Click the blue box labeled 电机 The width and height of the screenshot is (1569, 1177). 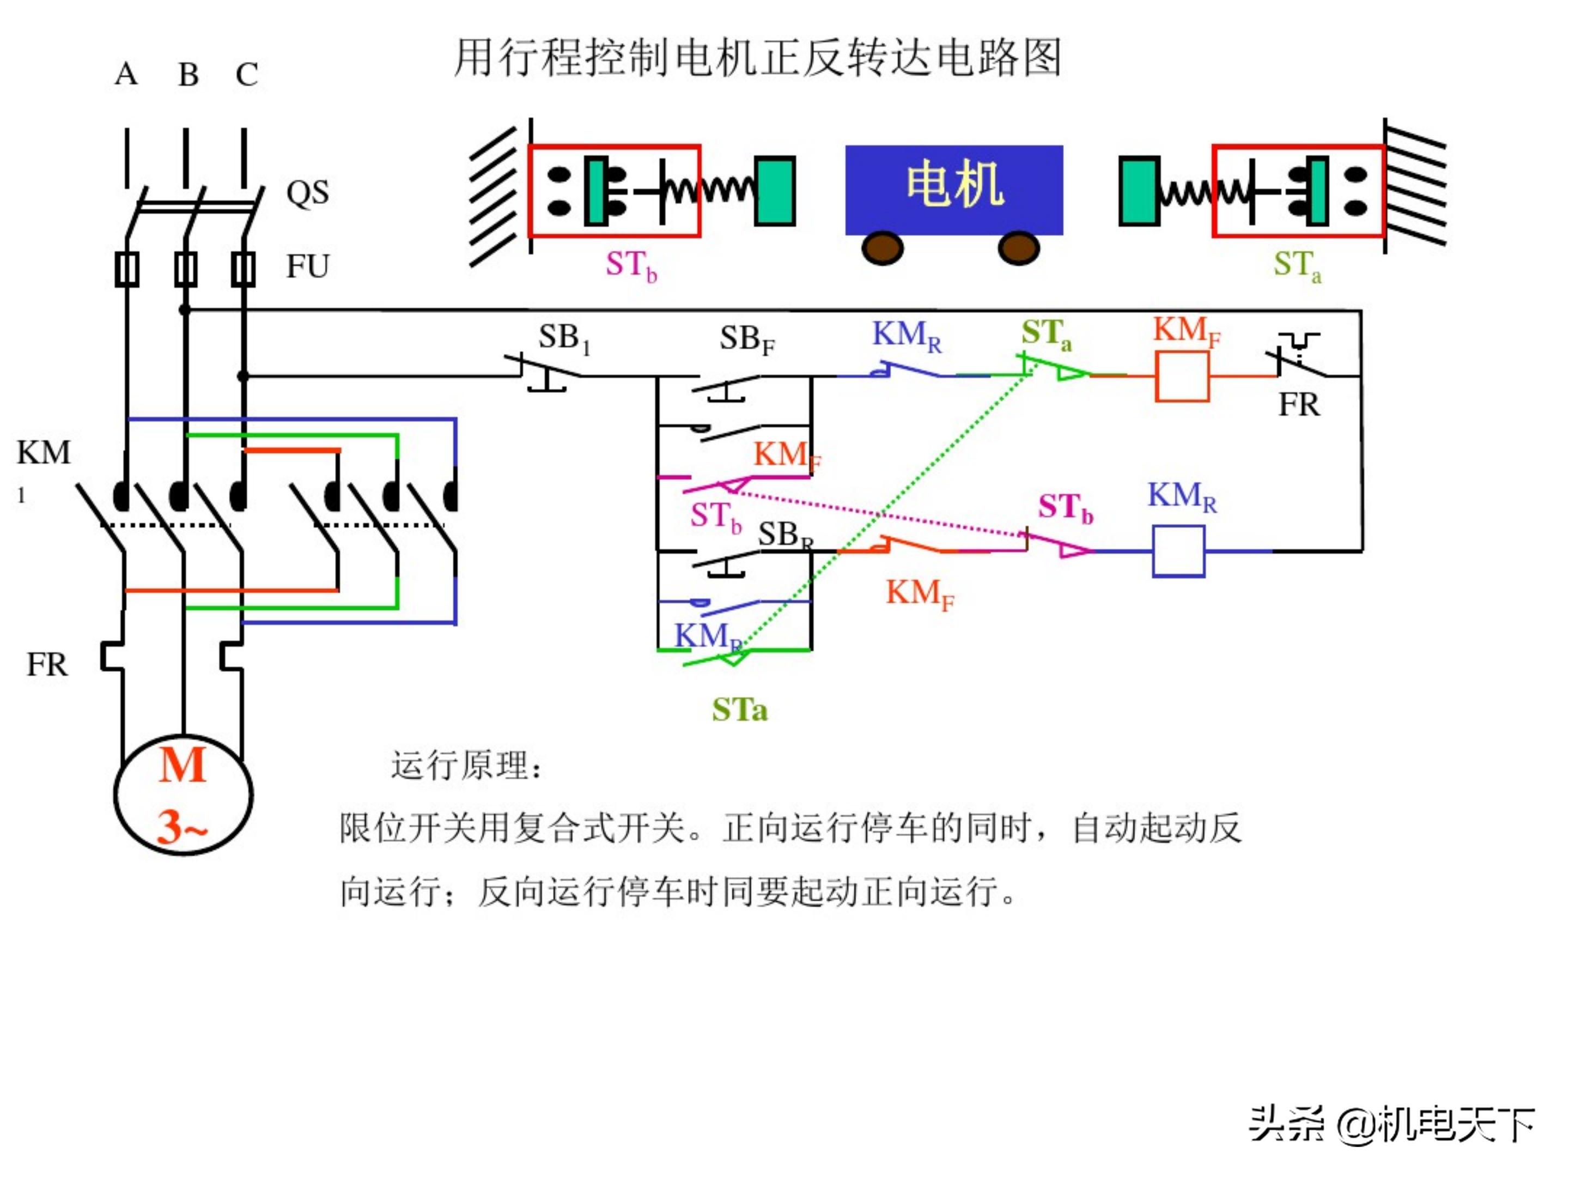[953, 190]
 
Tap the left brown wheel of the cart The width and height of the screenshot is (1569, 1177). [883, 248]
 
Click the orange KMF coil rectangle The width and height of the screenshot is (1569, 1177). [1182, 376]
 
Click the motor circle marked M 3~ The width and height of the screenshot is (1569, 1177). [183, 794]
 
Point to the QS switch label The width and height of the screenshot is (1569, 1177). [307, 192]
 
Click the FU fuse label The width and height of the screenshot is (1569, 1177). [307, 267]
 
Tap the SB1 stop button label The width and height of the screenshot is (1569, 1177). [564, 338]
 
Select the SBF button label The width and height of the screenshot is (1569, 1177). [746, 340]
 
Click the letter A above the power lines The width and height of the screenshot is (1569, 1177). [126, 74]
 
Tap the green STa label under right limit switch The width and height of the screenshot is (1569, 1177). [1296, 265]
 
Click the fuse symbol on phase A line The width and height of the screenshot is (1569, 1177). [127, 269]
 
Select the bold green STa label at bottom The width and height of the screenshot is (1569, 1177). [739, 710]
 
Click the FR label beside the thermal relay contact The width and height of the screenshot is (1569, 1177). [1298, 405]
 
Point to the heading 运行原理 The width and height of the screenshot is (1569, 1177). [466, 766]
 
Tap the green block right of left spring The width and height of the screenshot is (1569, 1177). [775, 191]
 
